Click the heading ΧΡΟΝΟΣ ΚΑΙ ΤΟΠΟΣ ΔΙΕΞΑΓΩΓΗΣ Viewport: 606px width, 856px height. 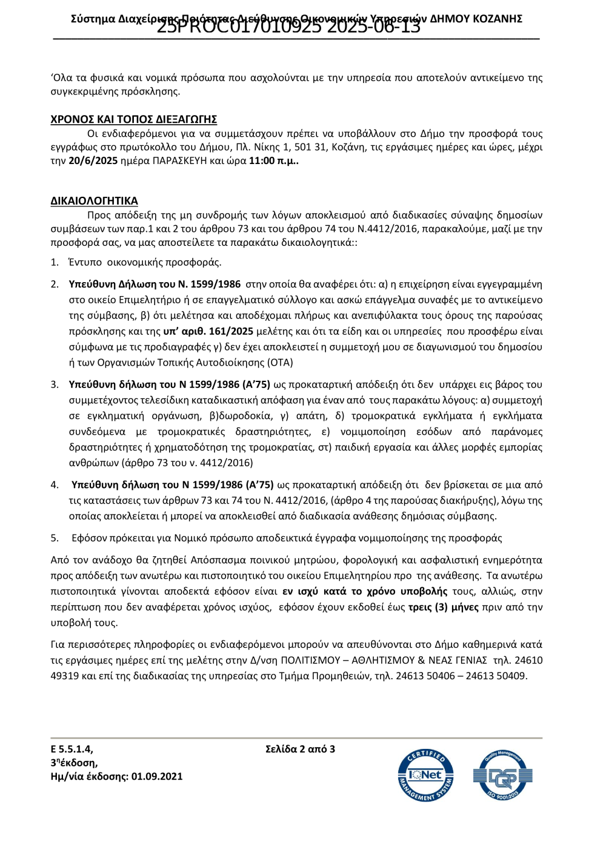pos(133,119)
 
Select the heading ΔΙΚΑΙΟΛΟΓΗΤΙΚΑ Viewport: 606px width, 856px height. pos(94,201)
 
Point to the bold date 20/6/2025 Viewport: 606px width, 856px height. pos(93,161)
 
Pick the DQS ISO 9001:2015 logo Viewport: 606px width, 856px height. pos(502,775)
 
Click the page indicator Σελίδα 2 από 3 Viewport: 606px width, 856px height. pos(300,749)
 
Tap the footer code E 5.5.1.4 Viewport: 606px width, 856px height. pos(72,749)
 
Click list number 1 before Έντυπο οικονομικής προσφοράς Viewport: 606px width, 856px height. pos(54,263)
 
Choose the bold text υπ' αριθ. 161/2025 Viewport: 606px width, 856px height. pos(208,332)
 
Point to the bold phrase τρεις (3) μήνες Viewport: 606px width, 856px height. pos(443,607)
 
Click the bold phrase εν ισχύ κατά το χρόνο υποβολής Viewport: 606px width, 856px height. pos(365,591)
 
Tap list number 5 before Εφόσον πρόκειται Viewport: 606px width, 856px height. pos(54,538)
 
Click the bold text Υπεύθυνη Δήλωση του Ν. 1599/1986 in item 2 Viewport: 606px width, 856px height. pos(155,285)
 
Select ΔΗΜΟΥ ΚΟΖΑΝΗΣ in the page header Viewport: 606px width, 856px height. pos(476,19)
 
